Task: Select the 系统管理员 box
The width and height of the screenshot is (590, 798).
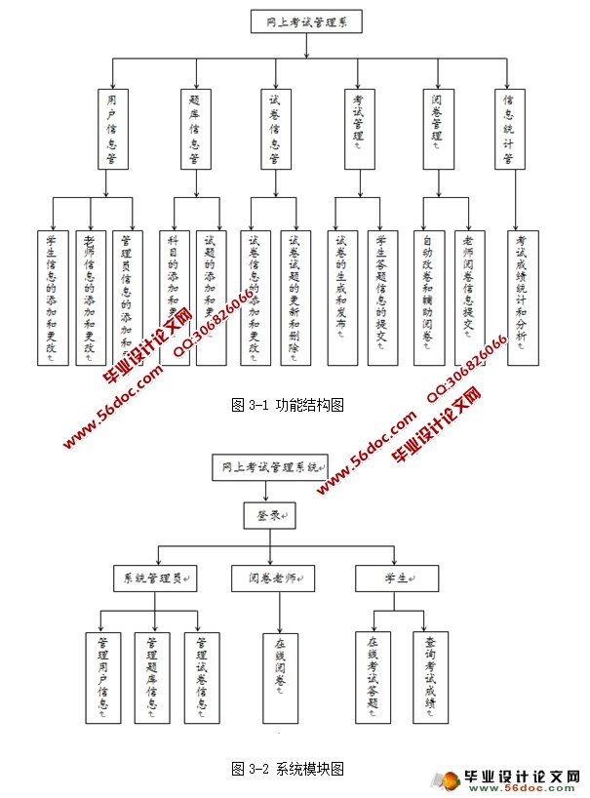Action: click(155, 579)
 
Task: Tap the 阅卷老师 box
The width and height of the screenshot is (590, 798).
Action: click(273, 579)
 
